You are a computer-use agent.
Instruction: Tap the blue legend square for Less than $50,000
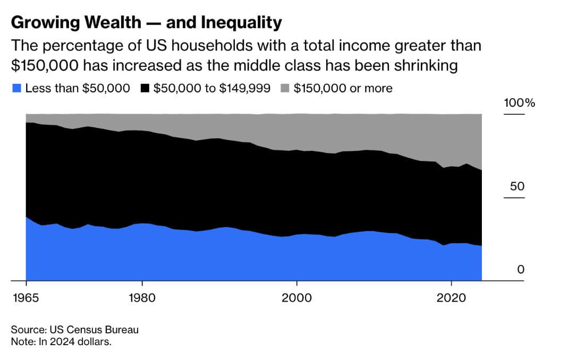(x=16, y=89)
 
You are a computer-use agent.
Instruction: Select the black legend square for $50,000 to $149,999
(x=145, y=89)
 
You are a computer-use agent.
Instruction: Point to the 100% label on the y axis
(x=519, y=103)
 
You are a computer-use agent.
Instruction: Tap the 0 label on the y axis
(x=521, y=270)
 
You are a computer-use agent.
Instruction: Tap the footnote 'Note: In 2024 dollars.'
(x=61, y=341)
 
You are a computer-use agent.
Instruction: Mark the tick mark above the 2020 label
(x=451, y=284)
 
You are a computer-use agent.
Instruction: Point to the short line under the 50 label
(x=514, y=198)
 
